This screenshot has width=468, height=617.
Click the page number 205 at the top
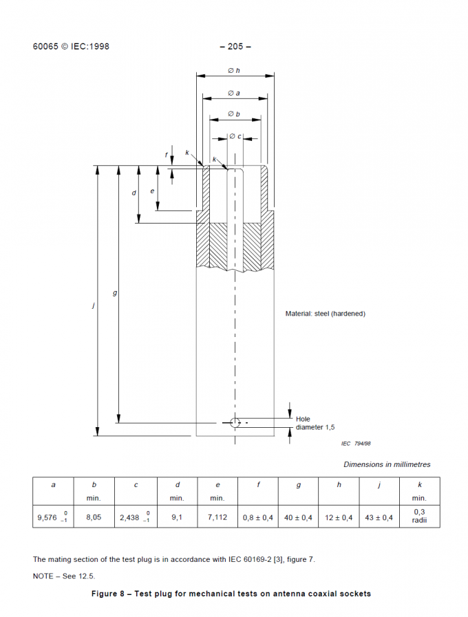(235, 47)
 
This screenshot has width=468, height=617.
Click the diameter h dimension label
(234, 70)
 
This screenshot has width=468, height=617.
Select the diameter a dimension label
(234, 93)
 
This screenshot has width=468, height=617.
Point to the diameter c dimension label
(235, 136)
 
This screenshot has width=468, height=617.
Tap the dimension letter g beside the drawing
(115, 293)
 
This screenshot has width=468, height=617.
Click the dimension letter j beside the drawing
(93, 305)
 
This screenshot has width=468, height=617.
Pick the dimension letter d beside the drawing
(134, 193)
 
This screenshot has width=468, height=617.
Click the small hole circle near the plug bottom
(235, 422)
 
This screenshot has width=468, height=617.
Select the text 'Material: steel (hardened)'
(325, 314)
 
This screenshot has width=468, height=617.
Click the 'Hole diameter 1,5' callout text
(315, 423)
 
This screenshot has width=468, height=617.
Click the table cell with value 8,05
(94, 517)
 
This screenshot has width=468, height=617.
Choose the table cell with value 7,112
(217, 517)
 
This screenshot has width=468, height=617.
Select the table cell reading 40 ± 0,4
(298, 517)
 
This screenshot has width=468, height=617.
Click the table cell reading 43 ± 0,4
(379, 517)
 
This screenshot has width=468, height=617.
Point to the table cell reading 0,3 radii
(419, 517)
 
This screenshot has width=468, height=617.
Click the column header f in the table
(258, 485)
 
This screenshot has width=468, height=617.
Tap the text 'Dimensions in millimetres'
(387, 464)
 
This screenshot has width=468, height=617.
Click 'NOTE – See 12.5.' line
(64, 576)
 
